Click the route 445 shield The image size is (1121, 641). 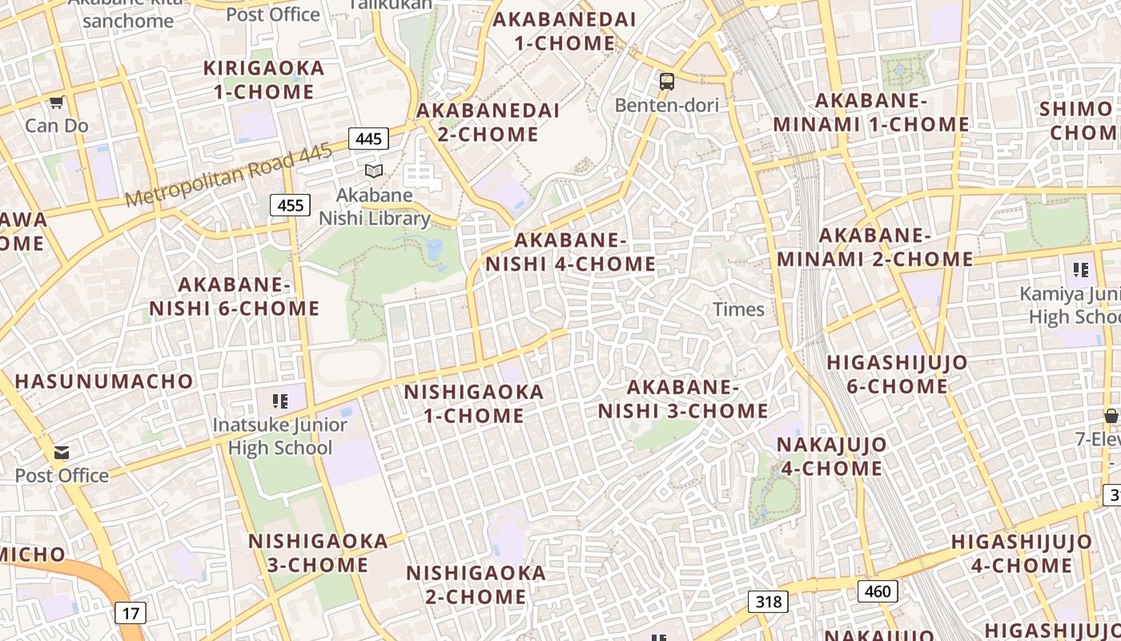[x=368, y=139]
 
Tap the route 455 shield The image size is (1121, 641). [x=290, y=206]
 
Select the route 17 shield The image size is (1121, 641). [x=131, y=614]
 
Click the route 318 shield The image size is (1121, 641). [x=768, y=602]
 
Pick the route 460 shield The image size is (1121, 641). [x=878, y=592]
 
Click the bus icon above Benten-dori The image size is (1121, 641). [x=667, y=81]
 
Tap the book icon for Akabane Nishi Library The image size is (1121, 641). [x=374, y=171]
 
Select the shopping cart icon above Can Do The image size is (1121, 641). [x=56, y=102]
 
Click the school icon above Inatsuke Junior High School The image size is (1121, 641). [x=279, y=401]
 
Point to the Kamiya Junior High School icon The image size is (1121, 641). [x=1081, y=270]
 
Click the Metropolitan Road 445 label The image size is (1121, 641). [x=228, y=176]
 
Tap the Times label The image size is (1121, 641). [x=738, y=309]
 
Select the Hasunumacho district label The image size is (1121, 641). [x=104, y=381]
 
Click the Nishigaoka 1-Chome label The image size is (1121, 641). [x=474, y=404]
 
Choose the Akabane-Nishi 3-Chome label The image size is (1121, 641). [x=683, y=399]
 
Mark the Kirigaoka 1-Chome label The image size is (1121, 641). [x=264, y=80]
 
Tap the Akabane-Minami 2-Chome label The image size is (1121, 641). [x=874, y=248]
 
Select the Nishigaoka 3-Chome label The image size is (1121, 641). [x=318, y=553]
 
